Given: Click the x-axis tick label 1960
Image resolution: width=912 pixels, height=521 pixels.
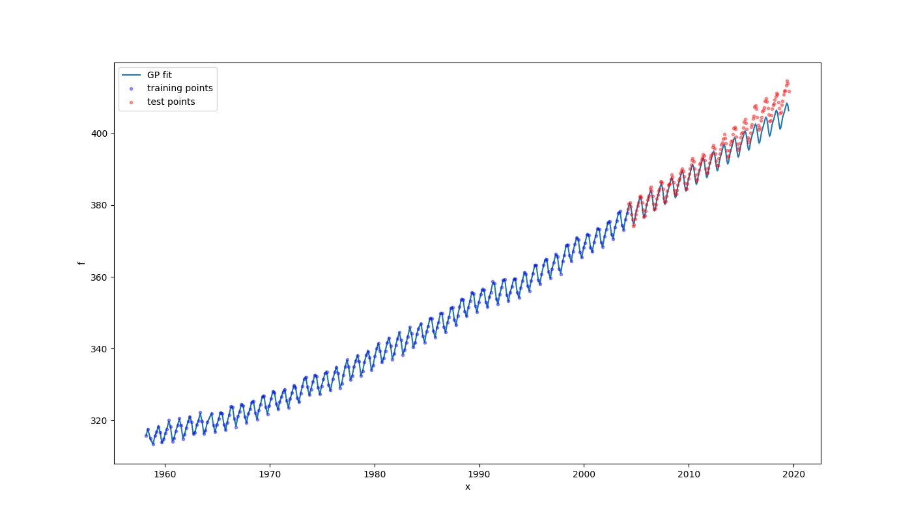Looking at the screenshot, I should click(x=164, y=474).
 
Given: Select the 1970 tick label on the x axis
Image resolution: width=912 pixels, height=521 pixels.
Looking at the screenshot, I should click(x=269, y=474).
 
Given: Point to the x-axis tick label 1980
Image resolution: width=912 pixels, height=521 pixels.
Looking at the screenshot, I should click(x=375, y=474).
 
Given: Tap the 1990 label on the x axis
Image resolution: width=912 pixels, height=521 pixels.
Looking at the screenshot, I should click(x=479, y=474).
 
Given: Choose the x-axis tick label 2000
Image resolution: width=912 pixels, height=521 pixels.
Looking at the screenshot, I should click(x=584, y=474).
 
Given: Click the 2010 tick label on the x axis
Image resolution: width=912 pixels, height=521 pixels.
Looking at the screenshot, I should click(x=689, y=474).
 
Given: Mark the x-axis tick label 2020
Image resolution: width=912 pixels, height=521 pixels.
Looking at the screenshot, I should click(x=794, y=474).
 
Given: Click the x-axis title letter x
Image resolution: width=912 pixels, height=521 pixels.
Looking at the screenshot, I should click(x=467, y=487).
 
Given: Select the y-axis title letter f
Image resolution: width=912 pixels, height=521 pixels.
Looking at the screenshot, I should click(x=81, y=263).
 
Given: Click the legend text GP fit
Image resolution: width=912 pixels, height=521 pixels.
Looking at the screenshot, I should click(x=160, y=75).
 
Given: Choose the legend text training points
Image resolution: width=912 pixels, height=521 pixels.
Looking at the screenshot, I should click(x=180, y=89).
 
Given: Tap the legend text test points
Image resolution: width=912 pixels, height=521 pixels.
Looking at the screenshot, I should click(x=171, y=102).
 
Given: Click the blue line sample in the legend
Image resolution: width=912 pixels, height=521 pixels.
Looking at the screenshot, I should click(x=131, y=75).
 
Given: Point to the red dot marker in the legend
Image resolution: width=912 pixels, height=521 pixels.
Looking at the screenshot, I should click(x=131, y=102).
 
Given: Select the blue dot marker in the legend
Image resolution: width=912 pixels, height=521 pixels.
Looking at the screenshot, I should click(x=131, y=89).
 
